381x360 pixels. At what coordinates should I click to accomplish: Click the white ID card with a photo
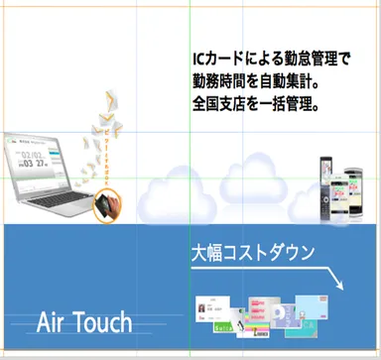[215, 308]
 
